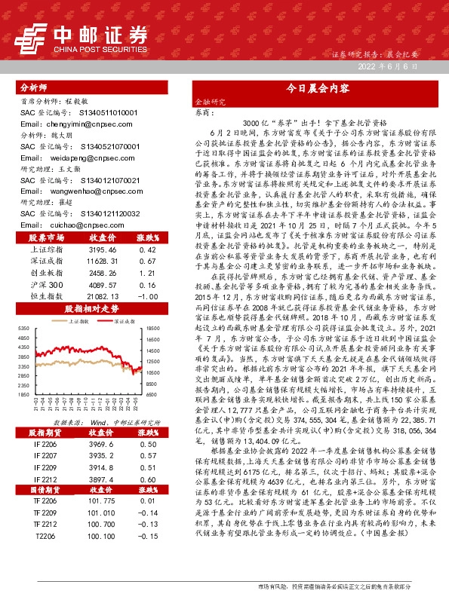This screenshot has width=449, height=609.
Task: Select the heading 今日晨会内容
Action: pos(316,87)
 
